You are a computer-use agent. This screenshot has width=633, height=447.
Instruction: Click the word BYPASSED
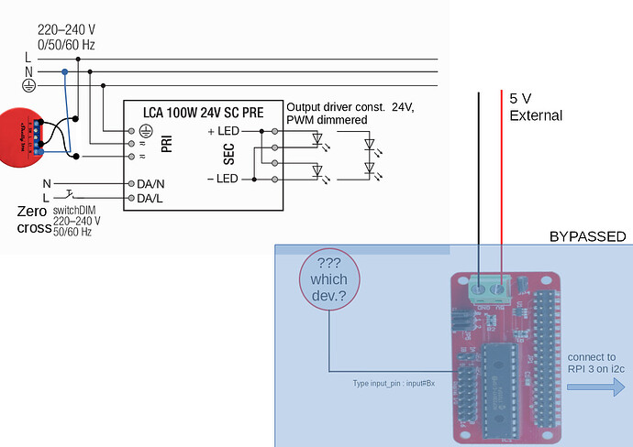(587, 236)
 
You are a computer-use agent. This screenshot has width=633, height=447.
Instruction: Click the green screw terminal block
(487, 289)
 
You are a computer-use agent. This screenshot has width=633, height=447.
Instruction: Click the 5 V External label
(536, 108)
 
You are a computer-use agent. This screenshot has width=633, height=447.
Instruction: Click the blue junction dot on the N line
(64, 71)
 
